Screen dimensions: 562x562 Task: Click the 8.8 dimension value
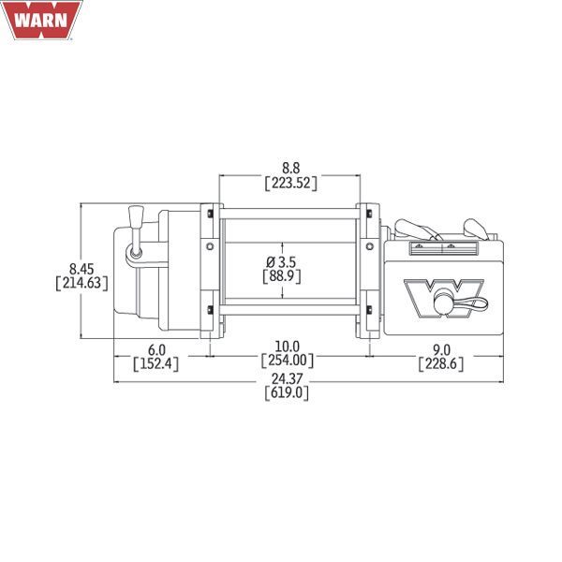[290, 169]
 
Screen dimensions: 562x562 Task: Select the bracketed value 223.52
[290, 184]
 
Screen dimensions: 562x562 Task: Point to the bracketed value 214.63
[81, 281]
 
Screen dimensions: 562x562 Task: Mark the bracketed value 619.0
[289, 392]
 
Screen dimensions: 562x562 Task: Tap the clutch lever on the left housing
[134, 229]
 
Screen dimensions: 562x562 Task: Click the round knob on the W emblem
[441, 302]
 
